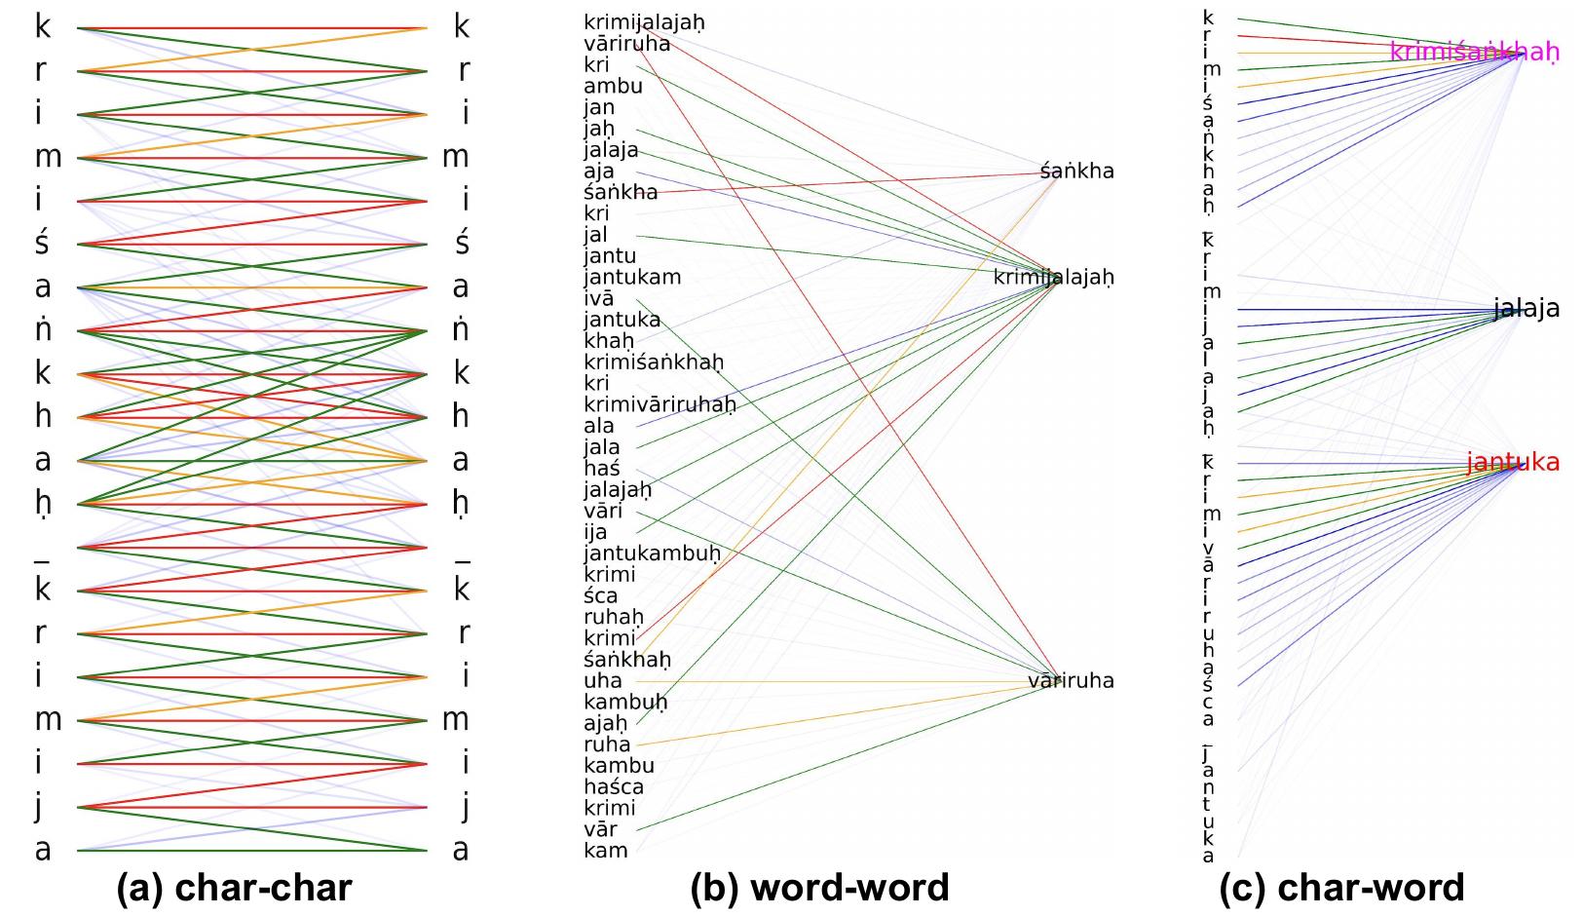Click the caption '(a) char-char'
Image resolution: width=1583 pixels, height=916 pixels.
coord(234,888)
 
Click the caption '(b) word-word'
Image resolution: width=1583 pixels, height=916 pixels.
coord(819,888)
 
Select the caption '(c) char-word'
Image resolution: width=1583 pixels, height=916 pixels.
coord(1341,888)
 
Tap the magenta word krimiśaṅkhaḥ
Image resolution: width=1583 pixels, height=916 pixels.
coord(1473,52)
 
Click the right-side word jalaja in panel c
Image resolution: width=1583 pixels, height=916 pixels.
coord(1526,309)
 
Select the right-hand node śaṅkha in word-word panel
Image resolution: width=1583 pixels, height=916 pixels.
coord(1076,172)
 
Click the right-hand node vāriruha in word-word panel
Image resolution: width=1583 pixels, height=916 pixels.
coord(1071,680)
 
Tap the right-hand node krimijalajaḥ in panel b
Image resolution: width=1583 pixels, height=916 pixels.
coord(1053,278)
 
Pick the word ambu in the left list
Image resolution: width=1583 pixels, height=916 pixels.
coord(613,86)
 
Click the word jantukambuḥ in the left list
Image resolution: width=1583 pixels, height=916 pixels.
coord(652,553)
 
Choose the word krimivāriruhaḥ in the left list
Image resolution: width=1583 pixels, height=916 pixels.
coord(660,404)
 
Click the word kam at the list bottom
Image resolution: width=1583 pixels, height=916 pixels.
coord(605,851)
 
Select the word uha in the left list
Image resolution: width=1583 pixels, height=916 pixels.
coord(602,680)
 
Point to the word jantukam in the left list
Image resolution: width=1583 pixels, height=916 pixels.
coord(632,277)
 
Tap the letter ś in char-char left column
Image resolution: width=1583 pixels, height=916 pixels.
coord(43,243)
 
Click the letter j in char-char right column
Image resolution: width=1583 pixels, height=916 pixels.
coord(464,806)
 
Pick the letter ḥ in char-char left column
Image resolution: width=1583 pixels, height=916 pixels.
coord(43,503)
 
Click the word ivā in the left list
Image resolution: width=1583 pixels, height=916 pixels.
coord(598,298)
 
